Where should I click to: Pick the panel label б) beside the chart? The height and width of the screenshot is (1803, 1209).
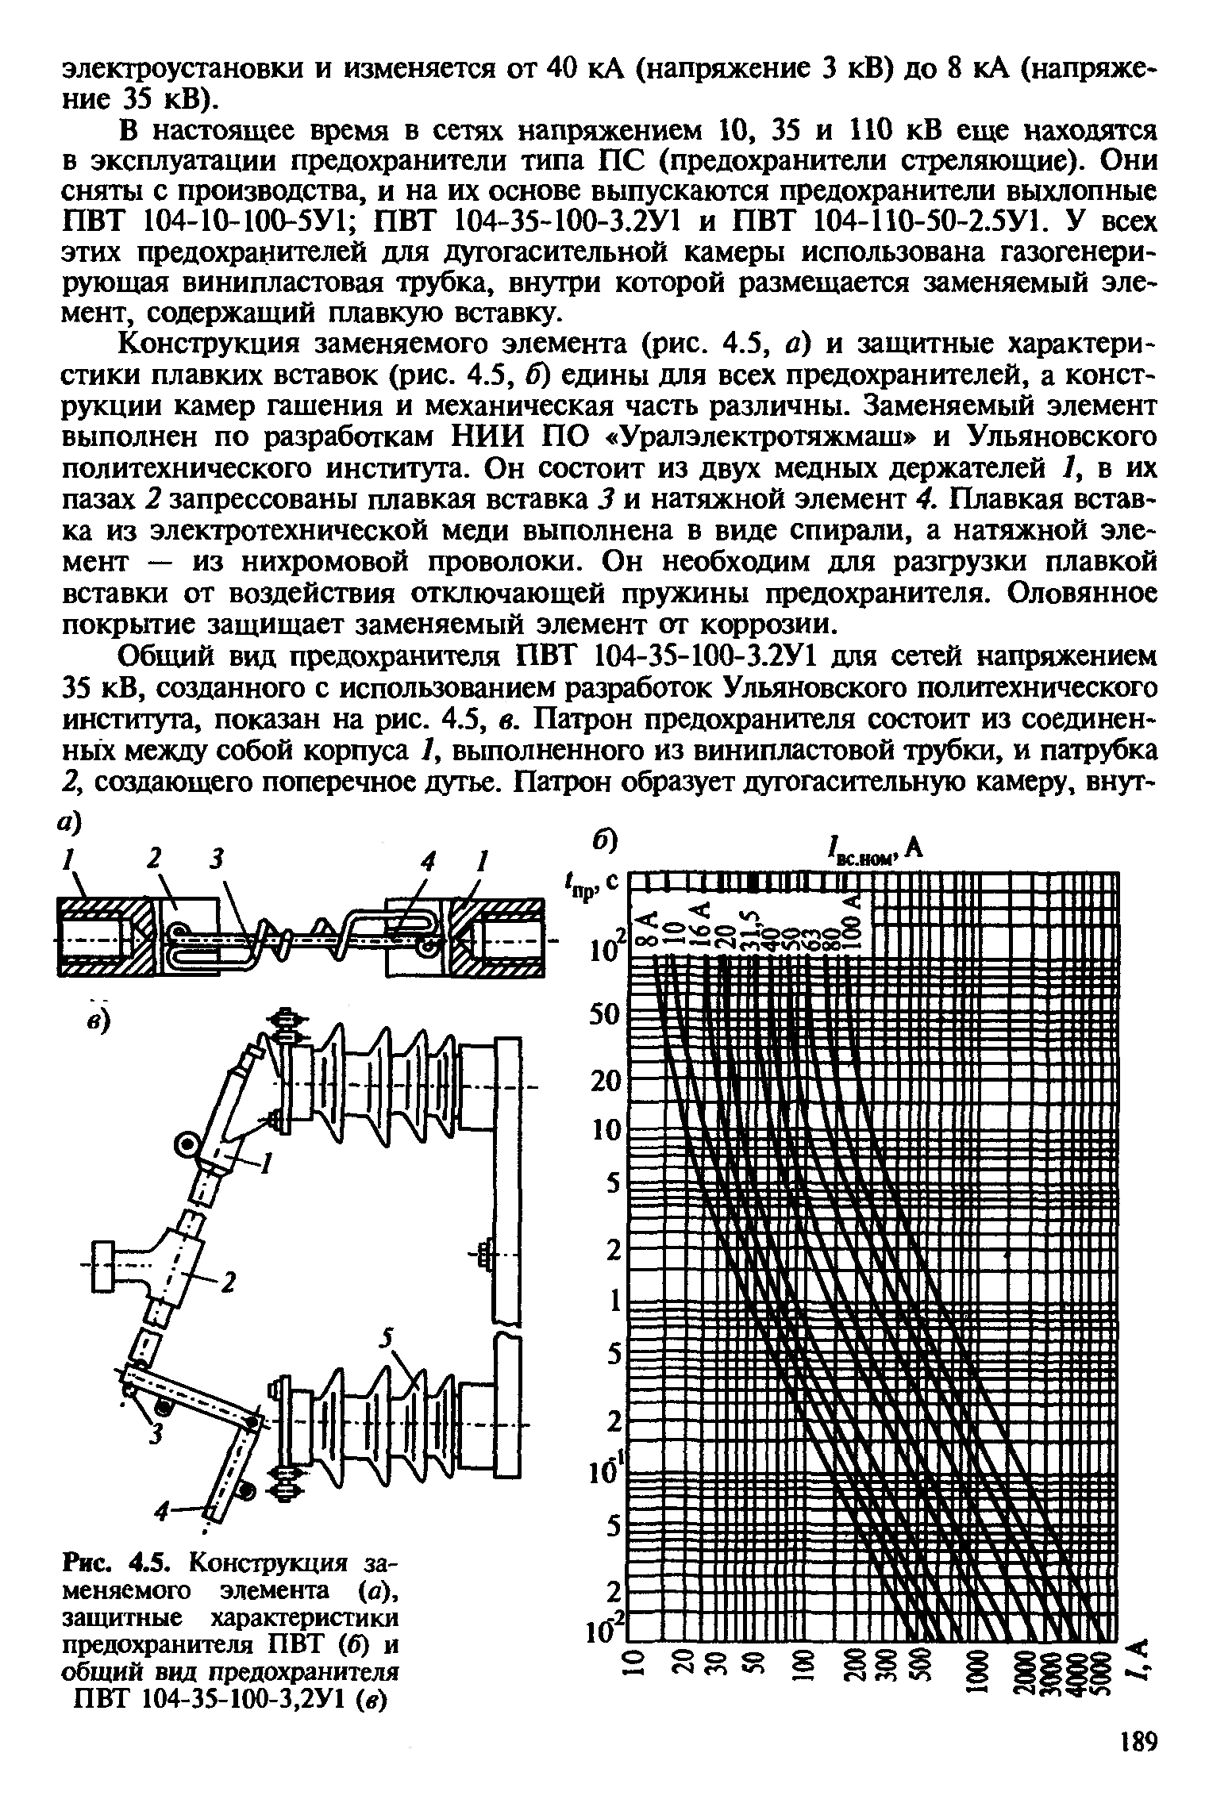click(605, 841)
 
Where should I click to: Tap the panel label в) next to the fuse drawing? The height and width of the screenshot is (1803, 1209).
click(98, 1021)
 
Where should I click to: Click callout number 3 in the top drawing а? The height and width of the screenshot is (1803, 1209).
click(215, 859)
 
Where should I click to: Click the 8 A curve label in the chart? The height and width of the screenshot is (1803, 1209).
click(649, 926)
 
